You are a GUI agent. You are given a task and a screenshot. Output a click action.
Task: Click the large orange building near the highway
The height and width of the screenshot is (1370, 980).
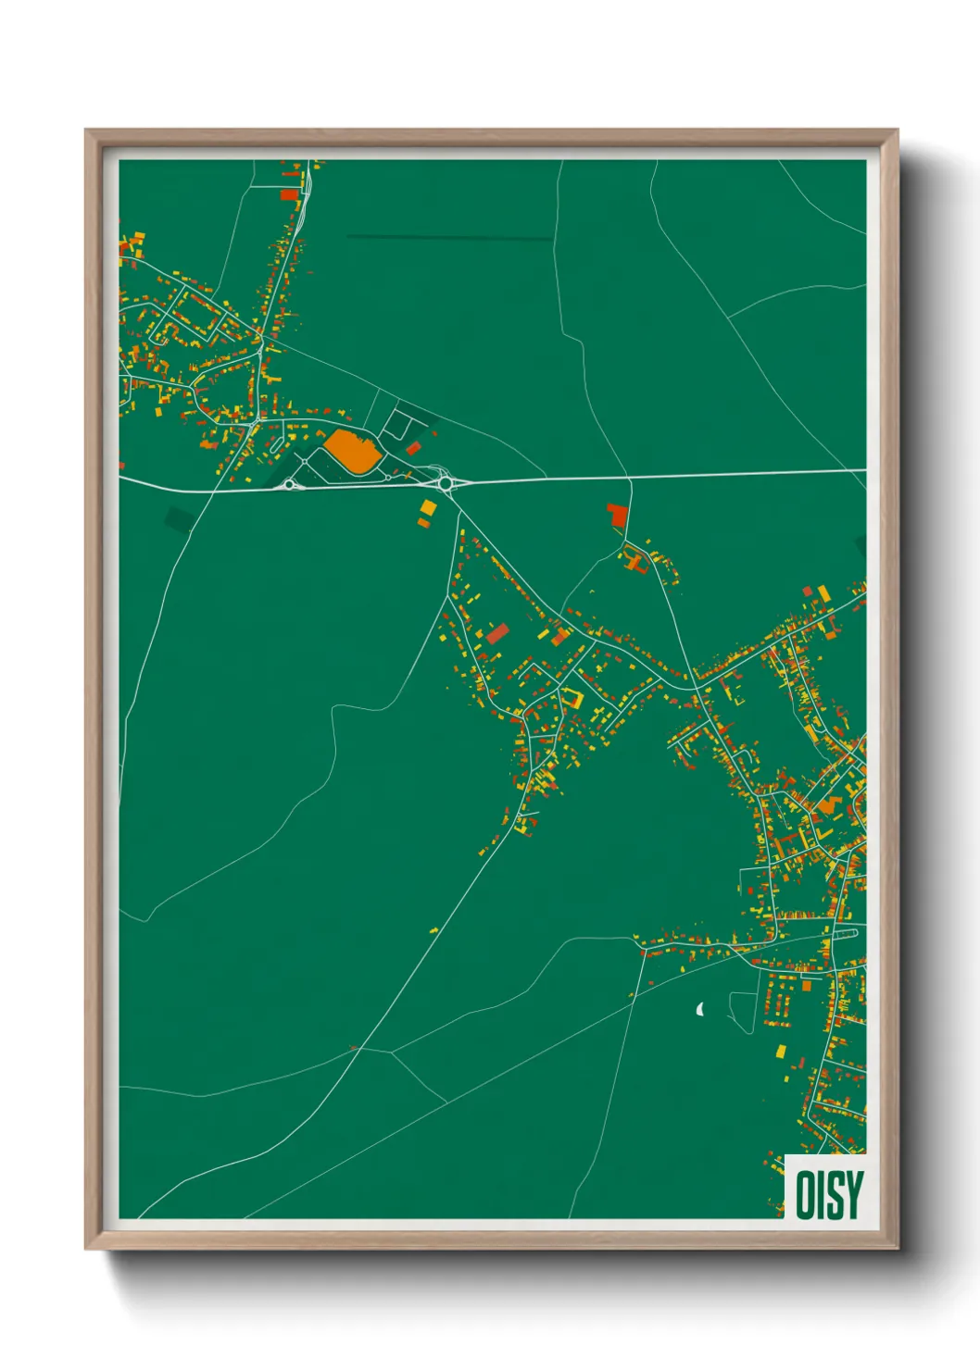point(353,452)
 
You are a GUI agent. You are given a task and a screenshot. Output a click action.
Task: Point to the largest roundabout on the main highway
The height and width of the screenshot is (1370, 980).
point(446,483)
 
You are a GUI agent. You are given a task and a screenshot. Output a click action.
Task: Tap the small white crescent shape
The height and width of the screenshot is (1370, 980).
point(700,1008)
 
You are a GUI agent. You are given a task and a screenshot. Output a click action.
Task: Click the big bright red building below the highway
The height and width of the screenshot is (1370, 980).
point(617,515)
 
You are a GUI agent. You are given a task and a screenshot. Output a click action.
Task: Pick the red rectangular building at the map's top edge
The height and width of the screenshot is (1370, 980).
point(290,194)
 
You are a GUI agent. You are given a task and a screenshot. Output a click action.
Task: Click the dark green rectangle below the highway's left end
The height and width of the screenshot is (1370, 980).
point(179,518)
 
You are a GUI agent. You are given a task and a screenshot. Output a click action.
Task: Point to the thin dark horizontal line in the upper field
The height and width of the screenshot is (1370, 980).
point(449,238)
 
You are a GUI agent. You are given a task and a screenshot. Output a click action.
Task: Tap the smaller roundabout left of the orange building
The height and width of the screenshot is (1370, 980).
point(289,484)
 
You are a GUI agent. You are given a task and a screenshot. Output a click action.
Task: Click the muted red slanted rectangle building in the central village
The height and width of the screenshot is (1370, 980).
point(497,633)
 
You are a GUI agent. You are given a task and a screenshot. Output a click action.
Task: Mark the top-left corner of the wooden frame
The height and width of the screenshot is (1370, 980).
point(87,131)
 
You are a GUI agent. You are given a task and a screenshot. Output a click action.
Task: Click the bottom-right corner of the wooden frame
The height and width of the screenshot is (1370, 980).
point(897,1248)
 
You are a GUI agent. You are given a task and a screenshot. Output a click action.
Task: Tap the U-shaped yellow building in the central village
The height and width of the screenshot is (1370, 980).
point(572,699)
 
